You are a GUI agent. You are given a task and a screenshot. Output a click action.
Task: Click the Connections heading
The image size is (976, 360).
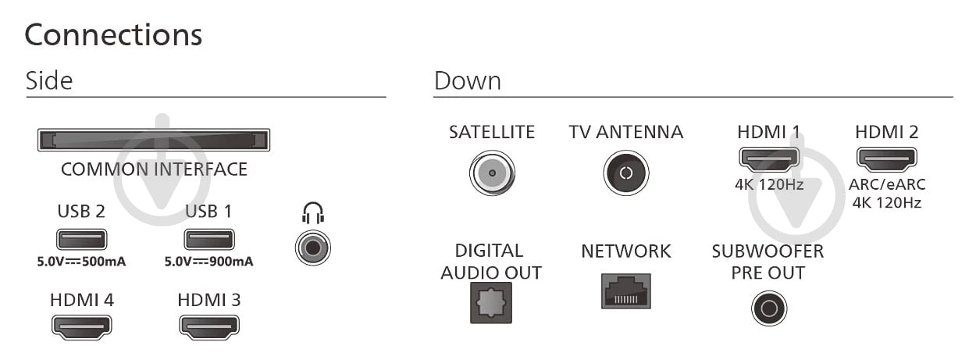[113, 35]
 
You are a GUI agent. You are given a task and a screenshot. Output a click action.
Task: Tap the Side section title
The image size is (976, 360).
[49, 80]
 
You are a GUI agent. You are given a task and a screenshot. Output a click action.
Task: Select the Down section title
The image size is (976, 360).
[468, 81]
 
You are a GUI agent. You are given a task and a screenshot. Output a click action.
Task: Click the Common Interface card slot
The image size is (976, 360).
[154, 140]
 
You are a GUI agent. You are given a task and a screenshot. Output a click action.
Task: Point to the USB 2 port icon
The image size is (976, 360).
[81, 239]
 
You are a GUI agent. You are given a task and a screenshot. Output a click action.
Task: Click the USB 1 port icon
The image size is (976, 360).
[209, 239]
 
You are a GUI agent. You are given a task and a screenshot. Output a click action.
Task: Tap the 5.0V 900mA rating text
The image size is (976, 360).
[208, 262]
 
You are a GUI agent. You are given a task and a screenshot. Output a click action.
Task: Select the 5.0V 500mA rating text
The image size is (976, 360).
[81, 262]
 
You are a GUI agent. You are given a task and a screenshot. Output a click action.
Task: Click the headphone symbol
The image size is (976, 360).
[313, 213]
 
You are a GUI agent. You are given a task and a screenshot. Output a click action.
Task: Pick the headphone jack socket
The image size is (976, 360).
[313, 248]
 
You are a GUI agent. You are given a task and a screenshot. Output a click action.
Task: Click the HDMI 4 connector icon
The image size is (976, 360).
[81, 327]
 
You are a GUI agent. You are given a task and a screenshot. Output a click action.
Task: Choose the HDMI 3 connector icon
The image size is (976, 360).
[209, 327]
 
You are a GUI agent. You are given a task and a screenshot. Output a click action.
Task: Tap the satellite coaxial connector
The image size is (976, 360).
[493, 173]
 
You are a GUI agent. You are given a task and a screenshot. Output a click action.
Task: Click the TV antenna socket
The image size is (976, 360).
[626, 173]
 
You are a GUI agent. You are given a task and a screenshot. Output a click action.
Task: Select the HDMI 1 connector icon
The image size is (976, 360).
[769, 159]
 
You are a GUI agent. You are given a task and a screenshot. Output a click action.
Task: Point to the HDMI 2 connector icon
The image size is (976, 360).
[887, 159]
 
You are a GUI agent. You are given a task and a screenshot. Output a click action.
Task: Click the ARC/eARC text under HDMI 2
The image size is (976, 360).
[887, 184]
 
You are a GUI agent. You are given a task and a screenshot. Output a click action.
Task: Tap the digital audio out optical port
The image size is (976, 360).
[491, 303]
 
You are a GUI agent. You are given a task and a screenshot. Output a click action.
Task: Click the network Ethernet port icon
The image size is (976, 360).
[626, 291]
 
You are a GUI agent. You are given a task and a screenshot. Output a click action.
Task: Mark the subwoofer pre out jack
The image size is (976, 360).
[769, 308]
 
